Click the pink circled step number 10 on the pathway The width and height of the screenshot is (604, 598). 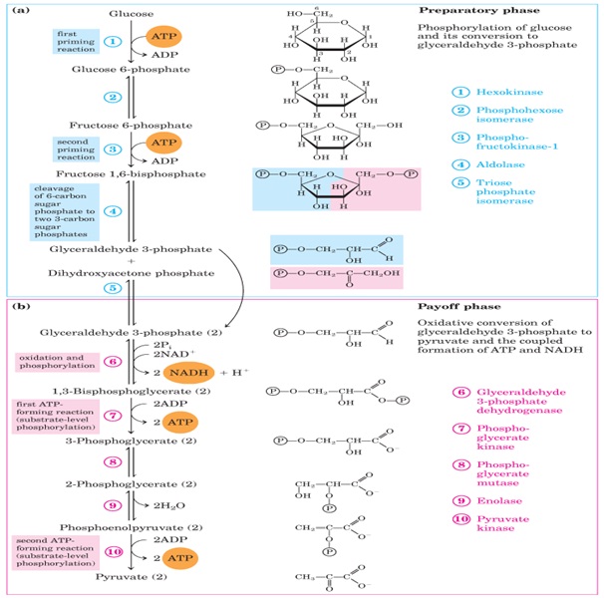click(114, 551)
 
